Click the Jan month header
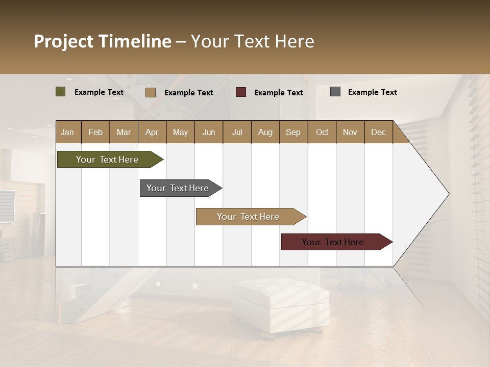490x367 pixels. (68, 132)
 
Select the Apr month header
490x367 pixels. (152, 132)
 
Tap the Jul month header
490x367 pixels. (237, 132)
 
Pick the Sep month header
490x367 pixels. (293, 132)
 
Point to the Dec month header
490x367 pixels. (378, 132)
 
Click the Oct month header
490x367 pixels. (322, 132)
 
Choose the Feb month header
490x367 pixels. (95, 132)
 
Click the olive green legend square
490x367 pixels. (61, 92)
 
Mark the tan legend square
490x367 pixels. (150, 92)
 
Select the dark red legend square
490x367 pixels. (241, 92)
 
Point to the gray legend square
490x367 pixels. (335, 92)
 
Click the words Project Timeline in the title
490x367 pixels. (102, 41)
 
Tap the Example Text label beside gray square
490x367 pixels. (372, 92)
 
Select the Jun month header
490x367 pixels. (208, 132)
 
